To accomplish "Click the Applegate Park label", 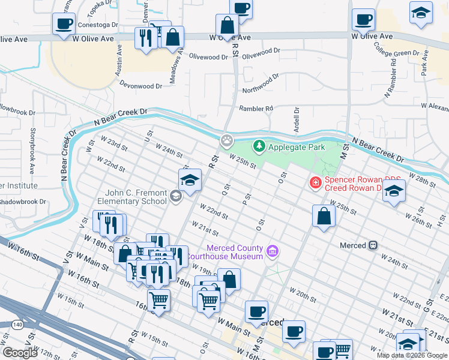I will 296,147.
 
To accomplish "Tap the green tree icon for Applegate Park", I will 259,146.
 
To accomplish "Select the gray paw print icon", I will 227,141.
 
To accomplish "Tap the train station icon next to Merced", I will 373,245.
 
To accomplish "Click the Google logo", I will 20,352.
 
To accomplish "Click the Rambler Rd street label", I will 256,109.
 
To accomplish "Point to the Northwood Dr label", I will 261,84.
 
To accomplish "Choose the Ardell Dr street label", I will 297,121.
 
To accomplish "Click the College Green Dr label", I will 396,53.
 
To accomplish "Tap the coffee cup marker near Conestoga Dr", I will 64,25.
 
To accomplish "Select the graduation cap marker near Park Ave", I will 421,12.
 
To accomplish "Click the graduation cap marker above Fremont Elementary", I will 190,180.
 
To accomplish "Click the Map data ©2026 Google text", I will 412,355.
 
